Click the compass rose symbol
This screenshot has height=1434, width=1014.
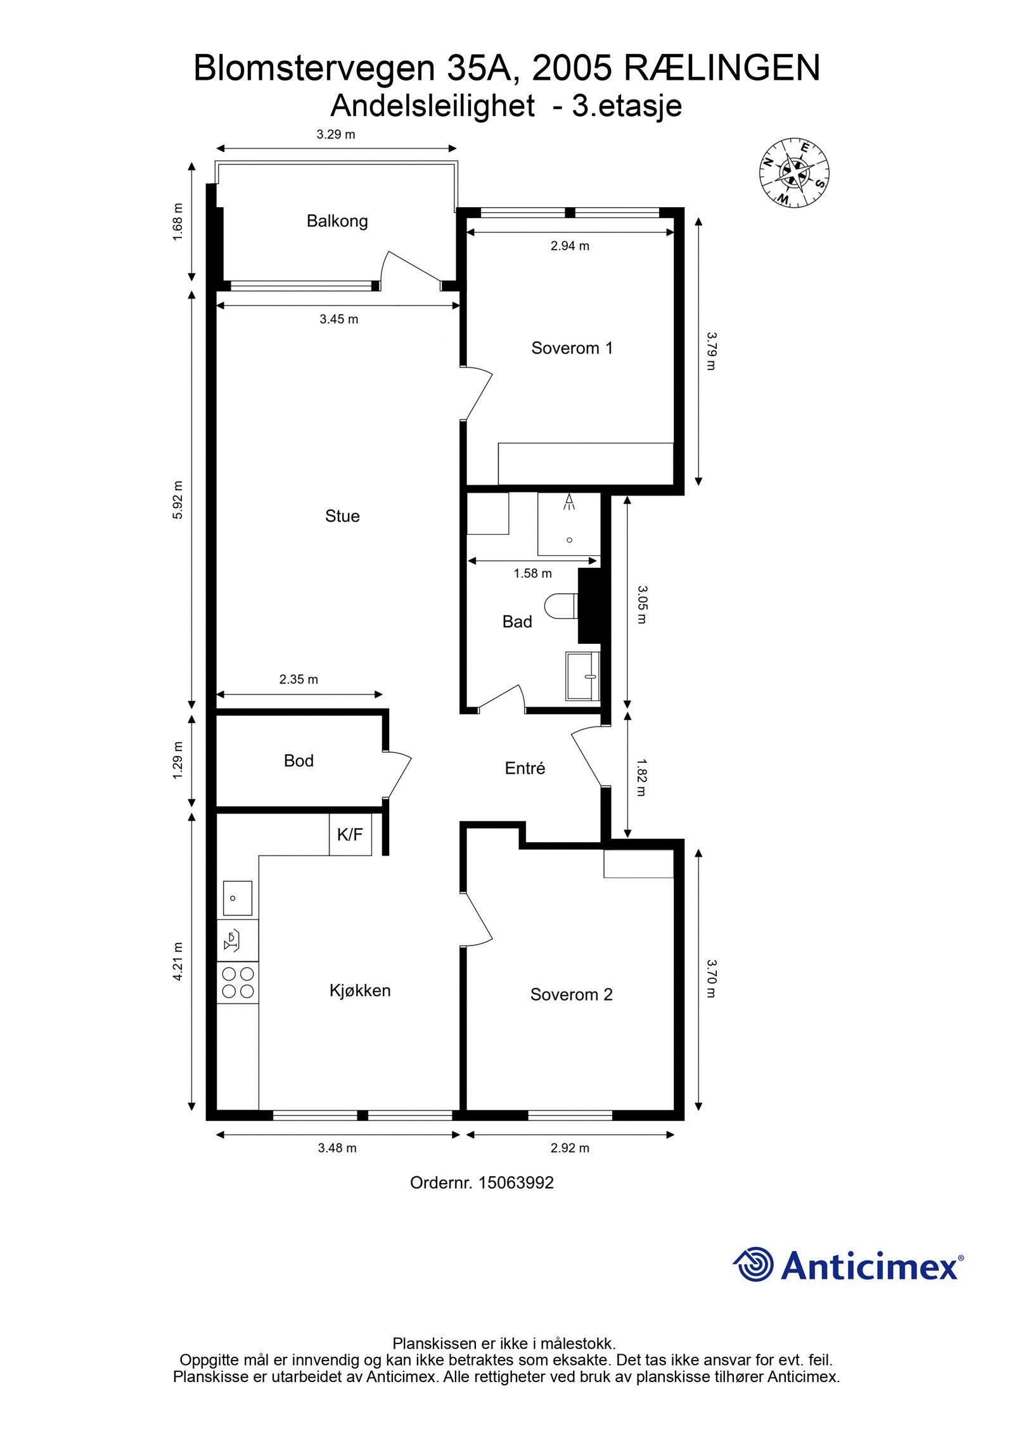pos(795,172)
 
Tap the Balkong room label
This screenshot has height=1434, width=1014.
pos(337,221)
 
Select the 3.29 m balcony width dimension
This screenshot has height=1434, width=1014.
pos(335,134)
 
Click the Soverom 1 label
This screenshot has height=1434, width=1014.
pos(572,348)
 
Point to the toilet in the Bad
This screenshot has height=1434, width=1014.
pos(561,606)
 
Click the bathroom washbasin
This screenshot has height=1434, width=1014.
pos(582,676)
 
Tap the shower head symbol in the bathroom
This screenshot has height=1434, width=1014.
pos(568,502)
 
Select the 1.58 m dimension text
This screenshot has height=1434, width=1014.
pos(532,573)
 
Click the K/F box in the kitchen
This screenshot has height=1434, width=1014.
pos(350,835)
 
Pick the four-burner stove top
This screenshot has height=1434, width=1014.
pos(238,982)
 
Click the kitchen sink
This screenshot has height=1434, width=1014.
pos(237,897)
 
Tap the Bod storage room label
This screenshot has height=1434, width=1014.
pos(298,760)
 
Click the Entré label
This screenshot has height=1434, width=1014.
pos(525,768)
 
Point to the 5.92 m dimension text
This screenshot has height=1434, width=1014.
pos(177,500)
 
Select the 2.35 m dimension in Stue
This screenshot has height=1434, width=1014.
pos(298,679)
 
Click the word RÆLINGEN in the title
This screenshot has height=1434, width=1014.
pos(722,68)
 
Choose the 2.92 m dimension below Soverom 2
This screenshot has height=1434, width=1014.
pos(570,1148)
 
